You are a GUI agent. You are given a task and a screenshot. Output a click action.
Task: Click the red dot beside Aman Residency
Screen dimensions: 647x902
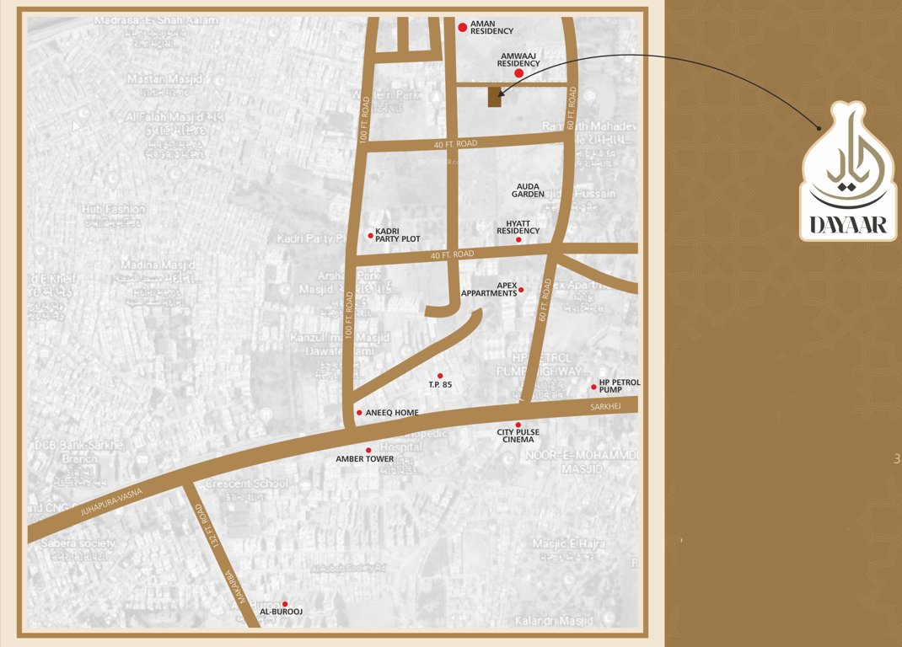point(462,28)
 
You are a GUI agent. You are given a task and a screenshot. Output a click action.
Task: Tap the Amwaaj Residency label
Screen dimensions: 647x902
point(518,59)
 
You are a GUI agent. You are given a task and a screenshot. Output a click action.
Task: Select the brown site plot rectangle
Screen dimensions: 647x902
point(494,97)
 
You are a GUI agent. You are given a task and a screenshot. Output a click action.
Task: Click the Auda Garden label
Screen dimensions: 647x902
point(528,190)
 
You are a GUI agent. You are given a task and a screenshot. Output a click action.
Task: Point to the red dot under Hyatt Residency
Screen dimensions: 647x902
point(518,240)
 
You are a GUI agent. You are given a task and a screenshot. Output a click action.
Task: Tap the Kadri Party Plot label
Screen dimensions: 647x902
point(398,235)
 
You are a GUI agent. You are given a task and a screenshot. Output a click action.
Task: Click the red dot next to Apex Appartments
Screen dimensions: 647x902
point(521,290)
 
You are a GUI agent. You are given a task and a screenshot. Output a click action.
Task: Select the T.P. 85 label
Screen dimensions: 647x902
point(440,385)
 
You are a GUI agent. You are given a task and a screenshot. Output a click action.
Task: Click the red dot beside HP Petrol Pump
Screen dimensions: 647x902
point(593,388)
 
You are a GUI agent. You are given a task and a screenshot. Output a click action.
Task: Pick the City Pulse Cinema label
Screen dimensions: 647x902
point(518,436)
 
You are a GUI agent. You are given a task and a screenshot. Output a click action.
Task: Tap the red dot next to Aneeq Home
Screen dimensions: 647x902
point(359,413)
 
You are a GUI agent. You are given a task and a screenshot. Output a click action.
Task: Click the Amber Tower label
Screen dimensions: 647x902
point(365,459)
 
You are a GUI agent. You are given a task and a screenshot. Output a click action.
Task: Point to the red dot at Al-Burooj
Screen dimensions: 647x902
point(285,604)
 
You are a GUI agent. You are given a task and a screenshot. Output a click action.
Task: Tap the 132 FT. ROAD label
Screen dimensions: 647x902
point(208,527)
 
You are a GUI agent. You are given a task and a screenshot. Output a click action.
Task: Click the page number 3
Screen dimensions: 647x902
point(896,459)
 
